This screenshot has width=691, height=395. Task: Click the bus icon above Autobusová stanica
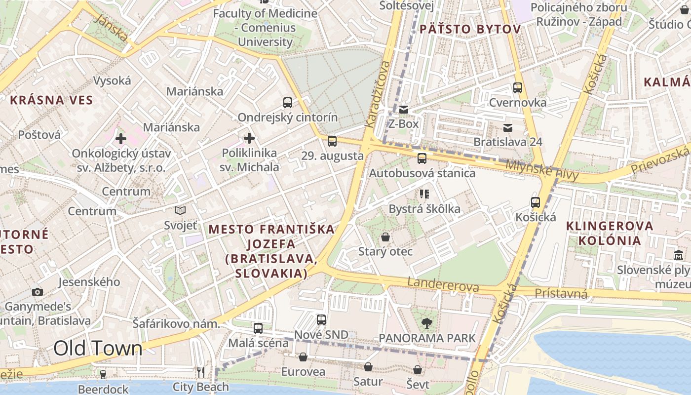pos(422,158)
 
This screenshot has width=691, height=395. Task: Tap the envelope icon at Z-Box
pos(404,110)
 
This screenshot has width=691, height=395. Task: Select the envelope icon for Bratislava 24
pos(507,128)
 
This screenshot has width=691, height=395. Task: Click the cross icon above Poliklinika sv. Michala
pos(249,138)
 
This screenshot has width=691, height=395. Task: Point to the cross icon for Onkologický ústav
pos(121,139)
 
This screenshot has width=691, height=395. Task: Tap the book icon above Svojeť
pos(180,211)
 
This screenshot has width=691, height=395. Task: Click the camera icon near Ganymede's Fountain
pos(37,292)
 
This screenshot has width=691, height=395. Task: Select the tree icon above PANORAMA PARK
pos(426,323)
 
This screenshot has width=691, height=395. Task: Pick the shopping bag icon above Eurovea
pos(303,357)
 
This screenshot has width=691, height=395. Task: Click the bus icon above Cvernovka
pos(517,88)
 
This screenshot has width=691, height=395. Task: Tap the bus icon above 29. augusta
pos(332,141)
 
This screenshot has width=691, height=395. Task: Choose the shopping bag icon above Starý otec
pos(385,237)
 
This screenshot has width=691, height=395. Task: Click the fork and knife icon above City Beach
pos(201,372)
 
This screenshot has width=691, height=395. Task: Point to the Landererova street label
pos(443,285)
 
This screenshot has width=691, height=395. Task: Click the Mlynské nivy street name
pos(542,169)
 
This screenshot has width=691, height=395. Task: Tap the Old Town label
pos(98,348)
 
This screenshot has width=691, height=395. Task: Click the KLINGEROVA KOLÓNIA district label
pos(603,234)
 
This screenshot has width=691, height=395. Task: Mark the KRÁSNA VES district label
pos(51,100)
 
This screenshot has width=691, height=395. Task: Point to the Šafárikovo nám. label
pos(176,324)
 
